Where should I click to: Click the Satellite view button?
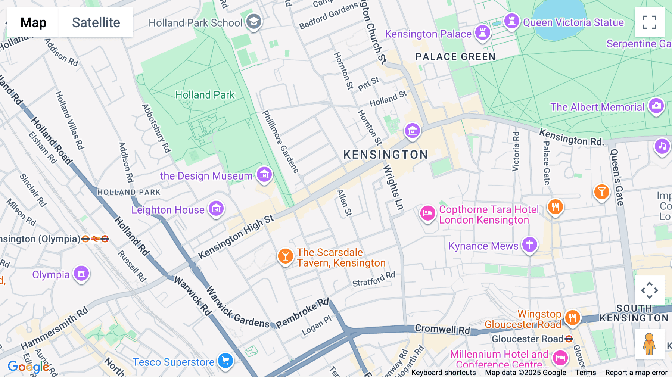[96, 22]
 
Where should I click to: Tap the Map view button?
[33, 22]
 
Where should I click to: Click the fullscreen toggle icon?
[649, 22]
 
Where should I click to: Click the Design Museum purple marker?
[264, 174]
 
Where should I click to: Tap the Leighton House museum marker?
[216, 209]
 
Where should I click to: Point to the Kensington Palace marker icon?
[482, 33]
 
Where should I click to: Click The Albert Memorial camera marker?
[656, 106]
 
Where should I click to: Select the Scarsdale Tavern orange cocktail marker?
[285, 256]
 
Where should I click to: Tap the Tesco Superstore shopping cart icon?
[225, 361]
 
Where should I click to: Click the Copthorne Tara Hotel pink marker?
[428, 213]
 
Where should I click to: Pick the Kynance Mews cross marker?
[529, 245]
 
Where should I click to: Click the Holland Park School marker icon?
[254, 22]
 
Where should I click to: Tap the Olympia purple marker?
[81, 274]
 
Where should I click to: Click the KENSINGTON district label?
[385, 155]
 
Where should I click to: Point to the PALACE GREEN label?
[455, 57]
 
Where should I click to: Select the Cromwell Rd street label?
[442, 329]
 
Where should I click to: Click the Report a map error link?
[636, 373]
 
